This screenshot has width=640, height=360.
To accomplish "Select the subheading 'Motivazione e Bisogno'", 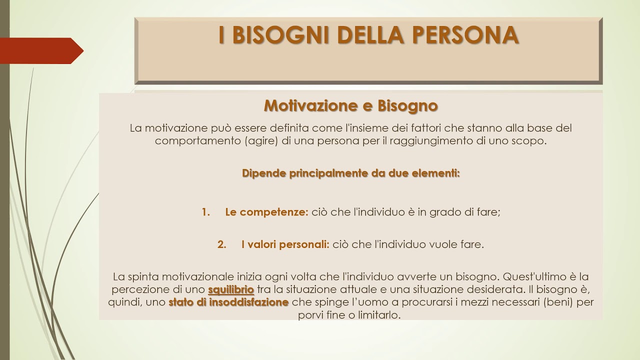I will click(350, 105).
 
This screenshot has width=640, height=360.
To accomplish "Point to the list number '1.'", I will click(206, 212).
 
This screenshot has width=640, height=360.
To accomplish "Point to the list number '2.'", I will click(222, 244).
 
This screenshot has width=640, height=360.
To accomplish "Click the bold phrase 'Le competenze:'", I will click(266, 212).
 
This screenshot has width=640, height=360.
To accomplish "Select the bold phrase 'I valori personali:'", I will click(285, 244).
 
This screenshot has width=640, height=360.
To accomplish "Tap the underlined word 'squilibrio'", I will click(231, 289).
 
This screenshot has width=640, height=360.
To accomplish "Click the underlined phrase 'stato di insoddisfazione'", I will click(228, 302).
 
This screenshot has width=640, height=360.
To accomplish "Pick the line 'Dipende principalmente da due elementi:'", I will click(350, 173).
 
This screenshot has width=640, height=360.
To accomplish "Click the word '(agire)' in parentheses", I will click(262, 140).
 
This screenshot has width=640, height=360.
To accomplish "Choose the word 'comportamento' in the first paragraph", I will click(198, 140).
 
